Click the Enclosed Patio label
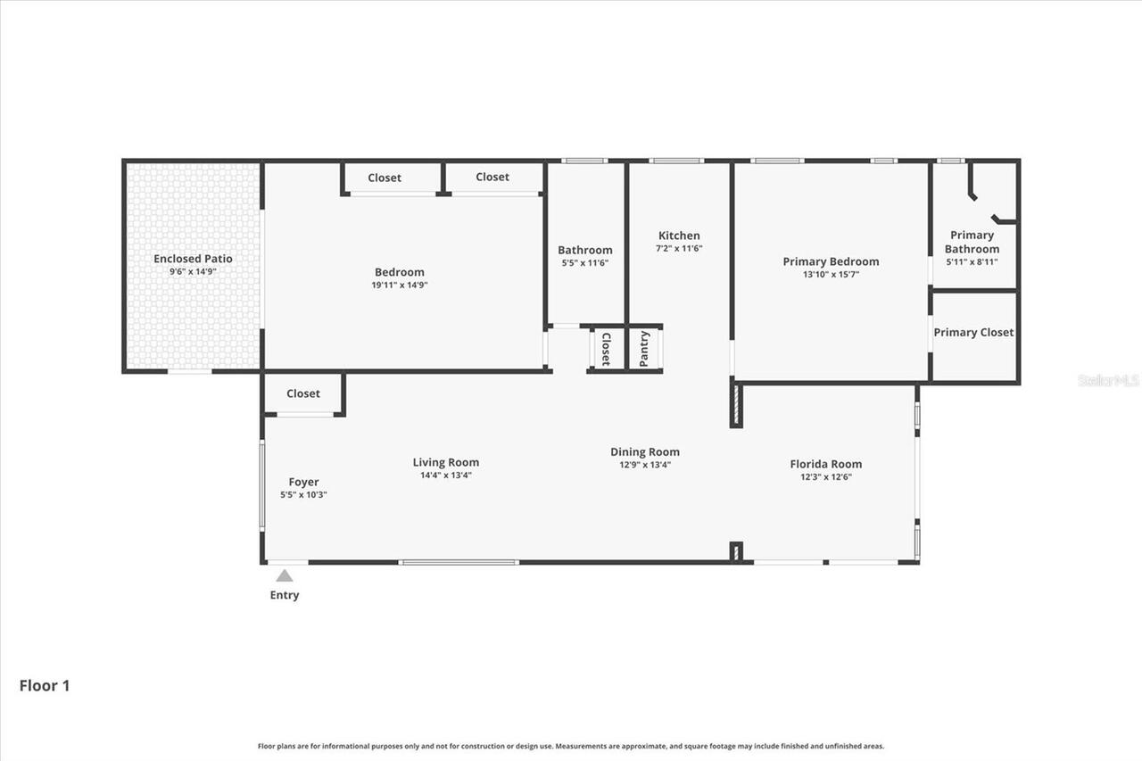tap(193, 259)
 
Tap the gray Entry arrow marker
tap(285, 575)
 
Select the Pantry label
tap(644, 349)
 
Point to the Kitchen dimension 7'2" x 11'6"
tap(679, 249)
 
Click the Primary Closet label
tap(973, 332)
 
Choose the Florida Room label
tap(825, 464)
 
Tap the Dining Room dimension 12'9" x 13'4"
tap(645, 465)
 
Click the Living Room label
tap(445, 462)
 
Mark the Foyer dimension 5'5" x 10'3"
tap(303, 494)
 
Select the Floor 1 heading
tap(45, 686)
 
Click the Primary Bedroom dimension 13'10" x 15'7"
tap(831, 275)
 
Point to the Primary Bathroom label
tap(972, 242)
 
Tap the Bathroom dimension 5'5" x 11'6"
tap(584, 263)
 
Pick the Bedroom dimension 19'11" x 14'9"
tap(399, 285)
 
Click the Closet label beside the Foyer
tap(303, 393)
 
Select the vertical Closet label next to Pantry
tap(606, 349)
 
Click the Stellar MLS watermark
tap(1108, 380)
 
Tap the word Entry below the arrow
tap(285, 595)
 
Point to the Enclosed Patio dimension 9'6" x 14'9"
tap(193, 271)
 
